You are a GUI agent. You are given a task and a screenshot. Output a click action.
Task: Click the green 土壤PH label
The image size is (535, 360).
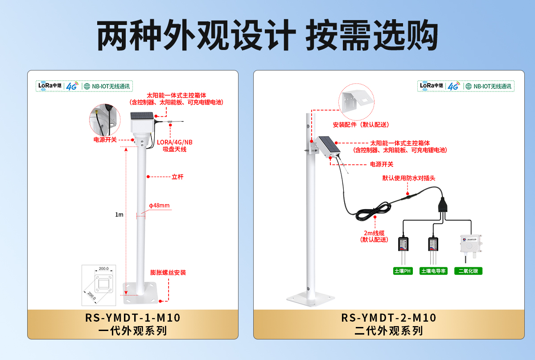(403, 271)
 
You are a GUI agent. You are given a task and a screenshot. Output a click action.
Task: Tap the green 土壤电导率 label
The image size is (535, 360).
(433, 271)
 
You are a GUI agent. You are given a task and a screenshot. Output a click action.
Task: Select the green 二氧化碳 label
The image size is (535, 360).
(468, 271)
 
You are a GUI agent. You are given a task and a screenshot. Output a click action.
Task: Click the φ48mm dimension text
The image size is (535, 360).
(159, 206)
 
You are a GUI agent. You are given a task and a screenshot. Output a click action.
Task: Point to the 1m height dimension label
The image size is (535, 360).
(119, 215)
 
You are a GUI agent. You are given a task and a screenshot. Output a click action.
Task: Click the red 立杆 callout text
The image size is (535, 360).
(177, 177)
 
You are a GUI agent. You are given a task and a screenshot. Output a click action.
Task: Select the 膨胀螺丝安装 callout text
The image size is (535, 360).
(168, 273)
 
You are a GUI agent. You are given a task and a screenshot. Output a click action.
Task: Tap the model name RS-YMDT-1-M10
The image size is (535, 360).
(132, 318)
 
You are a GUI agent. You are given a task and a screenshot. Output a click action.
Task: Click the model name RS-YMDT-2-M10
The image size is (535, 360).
(389, 318)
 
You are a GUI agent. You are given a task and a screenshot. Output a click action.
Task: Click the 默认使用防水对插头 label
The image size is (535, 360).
(408, 178)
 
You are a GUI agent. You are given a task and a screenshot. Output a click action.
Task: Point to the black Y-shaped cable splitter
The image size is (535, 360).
(442, 205)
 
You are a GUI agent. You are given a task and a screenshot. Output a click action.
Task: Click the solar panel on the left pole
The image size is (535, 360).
(142, 116)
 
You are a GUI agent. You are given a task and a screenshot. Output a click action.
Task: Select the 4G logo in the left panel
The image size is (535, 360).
(72, 86)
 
